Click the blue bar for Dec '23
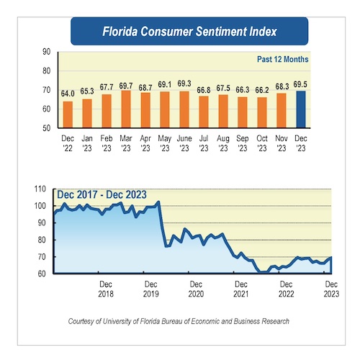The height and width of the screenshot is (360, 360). (x=301, y=109)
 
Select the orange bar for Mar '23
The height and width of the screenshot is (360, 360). (x=126, y=109)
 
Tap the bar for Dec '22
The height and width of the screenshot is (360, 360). (x=68, y=114)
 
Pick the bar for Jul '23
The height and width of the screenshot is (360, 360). (x=204, y=112)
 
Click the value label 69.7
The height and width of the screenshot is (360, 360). (x=126, y=86)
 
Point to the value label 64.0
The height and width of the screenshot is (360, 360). (x=68, y=94)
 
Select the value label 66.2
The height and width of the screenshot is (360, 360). (x=262, y=90)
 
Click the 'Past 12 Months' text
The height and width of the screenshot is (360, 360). (x=283, y=59)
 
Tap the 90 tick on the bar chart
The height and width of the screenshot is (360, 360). (x=47, y=52)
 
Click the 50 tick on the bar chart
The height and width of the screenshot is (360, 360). (x=47, y=128)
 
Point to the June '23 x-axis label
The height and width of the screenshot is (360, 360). (x=184, y=143)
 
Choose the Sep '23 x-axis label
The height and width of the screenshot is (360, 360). (x=243, y=143)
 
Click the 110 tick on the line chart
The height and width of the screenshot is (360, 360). (x=40, y=189)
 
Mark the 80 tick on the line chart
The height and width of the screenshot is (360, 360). (x=42, y=240)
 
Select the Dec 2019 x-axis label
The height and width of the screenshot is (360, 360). (x=151, y=289)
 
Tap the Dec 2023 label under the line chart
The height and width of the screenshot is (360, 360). (x=331, y=289)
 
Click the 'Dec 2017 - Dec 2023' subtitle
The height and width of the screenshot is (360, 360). (x=102, y=194)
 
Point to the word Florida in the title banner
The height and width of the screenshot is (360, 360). (x=120, y=32)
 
